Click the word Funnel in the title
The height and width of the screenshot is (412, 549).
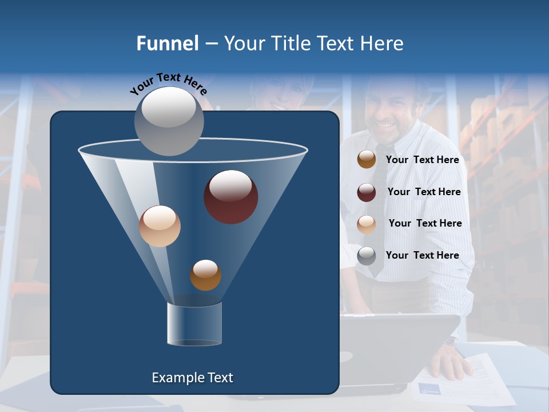click(x=167, y=43)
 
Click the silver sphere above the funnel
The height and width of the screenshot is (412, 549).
click(x=169, y=121)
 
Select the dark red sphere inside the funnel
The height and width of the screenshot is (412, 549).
click(x=230, y=197)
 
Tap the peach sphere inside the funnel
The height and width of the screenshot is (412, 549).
click(x=160, y=226)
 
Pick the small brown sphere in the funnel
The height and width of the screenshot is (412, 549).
click(x=205, y=275)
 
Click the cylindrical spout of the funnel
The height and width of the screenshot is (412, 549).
click(x=194, y=324)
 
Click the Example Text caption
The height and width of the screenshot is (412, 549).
click(x=192, y=378)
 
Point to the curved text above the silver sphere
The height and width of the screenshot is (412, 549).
click(x=168, y=83)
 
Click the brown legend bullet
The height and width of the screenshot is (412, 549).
click(x=367, y=160)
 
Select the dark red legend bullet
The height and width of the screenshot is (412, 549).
click(x=367, y=192)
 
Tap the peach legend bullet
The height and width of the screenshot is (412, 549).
click(x=367, y=224)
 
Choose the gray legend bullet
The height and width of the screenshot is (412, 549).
click(x=367, y=256)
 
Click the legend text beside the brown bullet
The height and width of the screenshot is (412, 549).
click(x=422, y=160)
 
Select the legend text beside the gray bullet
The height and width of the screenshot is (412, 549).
click(x=422, y=255)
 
